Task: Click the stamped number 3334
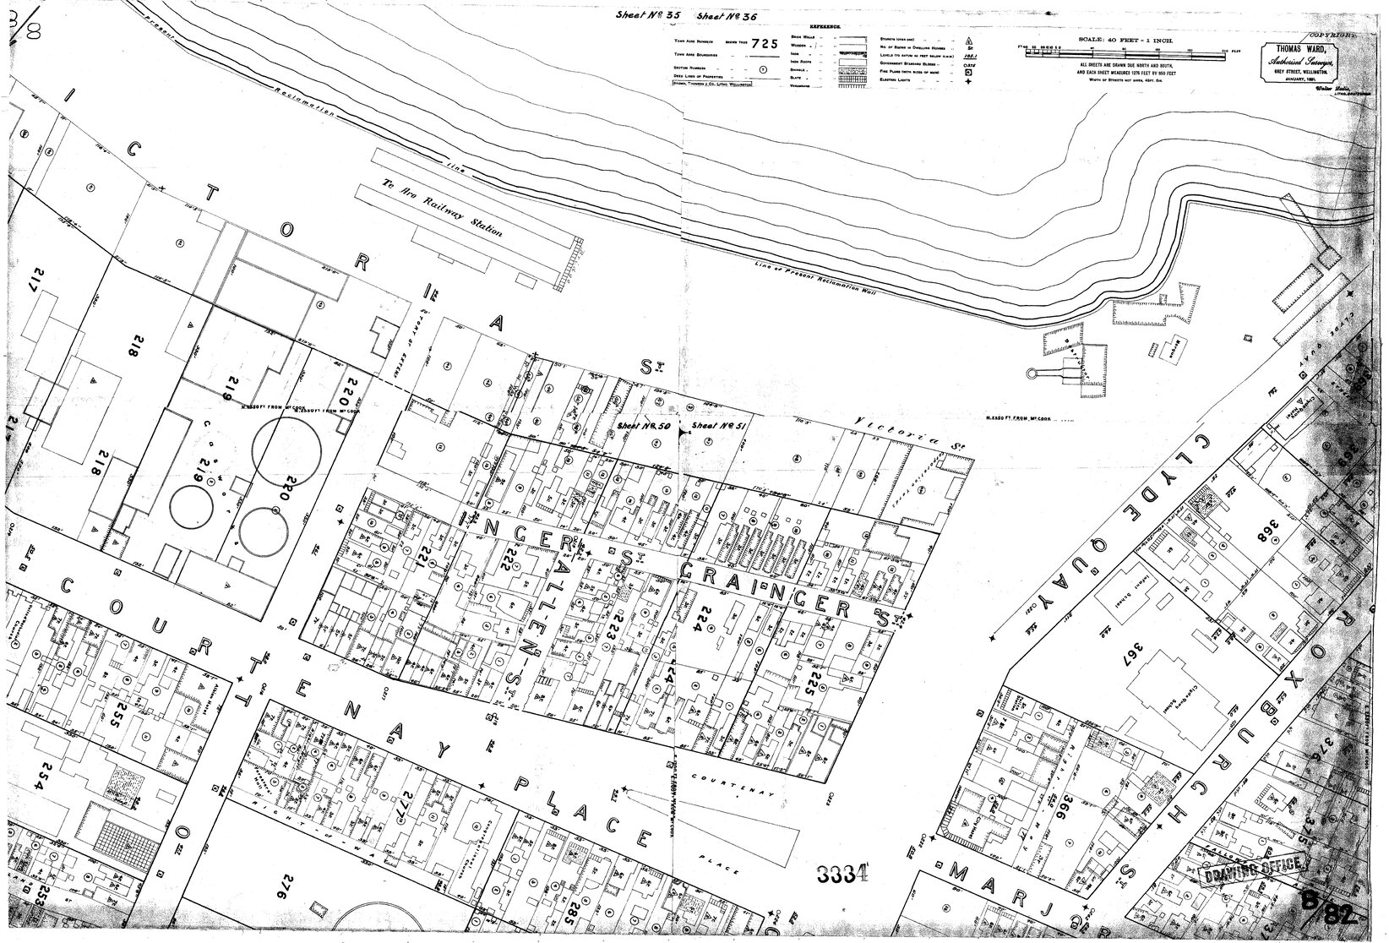(x=846, y=874)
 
